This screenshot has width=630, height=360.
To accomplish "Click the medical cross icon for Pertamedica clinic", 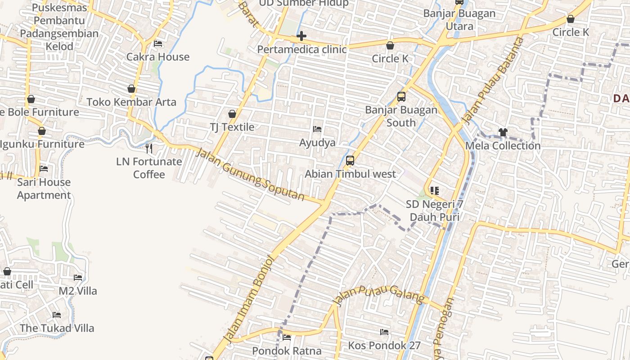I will [301, 36].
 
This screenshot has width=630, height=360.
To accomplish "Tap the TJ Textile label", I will [232, 127].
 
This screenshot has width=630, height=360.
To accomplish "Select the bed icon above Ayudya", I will [317, 129].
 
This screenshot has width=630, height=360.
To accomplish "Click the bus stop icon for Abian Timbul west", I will [350, 161].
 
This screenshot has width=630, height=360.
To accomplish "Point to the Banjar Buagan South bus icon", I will [401, 97].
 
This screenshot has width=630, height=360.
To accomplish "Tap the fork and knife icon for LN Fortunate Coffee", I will [149, 148].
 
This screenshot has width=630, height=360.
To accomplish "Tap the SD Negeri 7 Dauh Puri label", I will [434, 211].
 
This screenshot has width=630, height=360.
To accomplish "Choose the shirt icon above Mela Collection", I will [503, 132].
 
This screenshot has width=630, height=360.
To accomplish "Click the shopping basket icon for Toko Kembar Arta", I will [131, 89].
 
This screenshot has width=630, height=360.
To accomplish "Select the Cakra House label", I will [158, 57].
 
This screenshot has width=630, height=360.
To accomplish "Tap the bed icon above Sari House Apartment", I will [44, 169].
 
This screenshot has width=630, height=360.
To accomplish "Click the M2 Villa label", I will [78, 291].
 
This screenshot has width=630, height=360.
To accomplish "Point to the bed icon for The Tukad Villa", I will [57, 315].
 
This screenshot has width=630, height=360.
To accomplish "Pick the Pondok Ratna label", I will [287, 351].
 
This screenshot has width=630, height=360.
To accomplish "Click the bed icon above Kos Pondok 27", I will [384, 332].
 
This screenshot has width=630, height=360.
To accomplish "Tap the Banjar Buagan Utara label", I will [459, 20].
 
